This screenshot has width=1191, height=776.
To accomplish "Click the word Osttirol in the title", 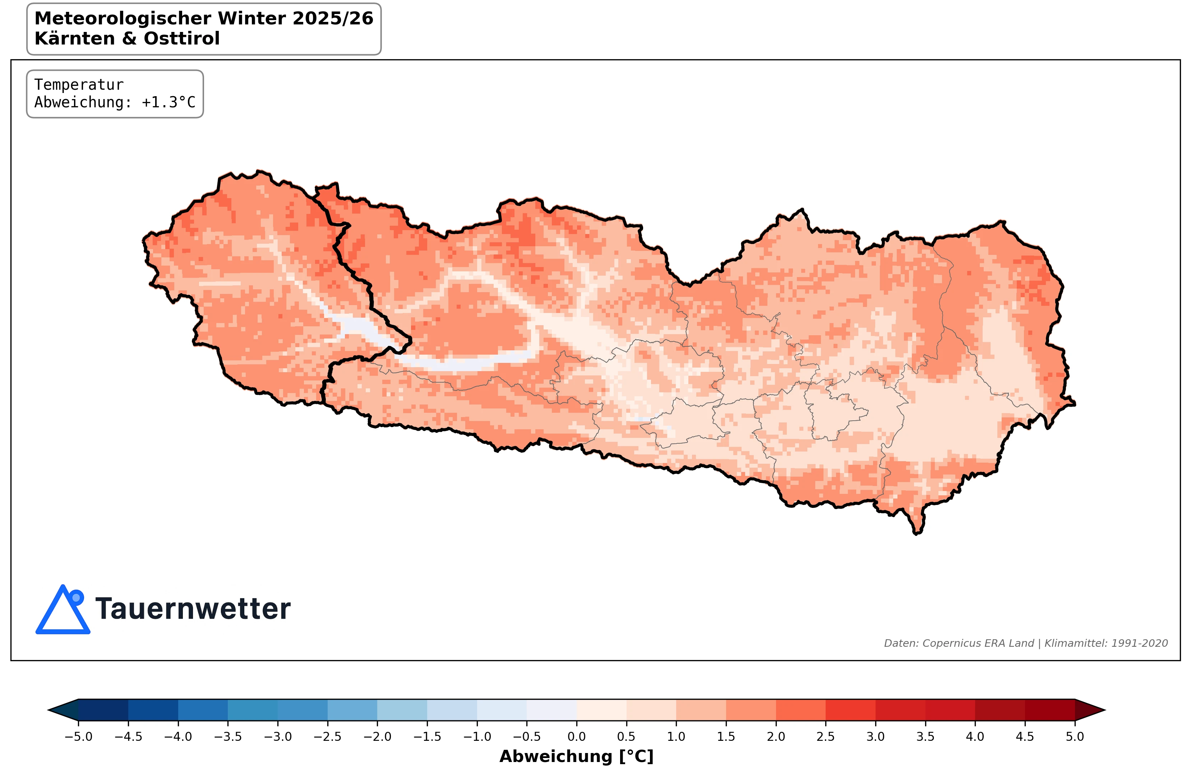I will pyautogui.click(x=182, y=38).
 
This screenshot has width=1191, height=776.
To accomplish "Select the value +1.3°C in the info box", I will pyautogui.click(x=168, y=103).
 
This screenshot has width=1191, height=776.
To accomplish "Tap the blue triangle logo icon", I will pyautogui.click(x=63, y=611).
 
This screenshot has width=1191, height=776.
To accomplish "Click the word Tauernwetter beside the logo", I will pyautogui.click(x=193, y=609).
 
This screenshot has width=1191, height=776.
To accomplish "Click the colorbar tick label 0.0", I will pyautogui.click(x=577, y=737).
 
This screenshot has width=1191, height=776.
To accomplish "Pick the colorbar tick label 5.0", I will pyautogui.click(x=1074, y=737).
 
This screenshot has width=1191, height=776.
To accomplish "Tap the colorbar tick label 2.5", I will pyautogui.click(x=825, y=737).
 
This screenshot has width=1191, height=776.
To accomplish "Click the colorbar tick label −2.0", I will pyautogui.click(x=377, y=737).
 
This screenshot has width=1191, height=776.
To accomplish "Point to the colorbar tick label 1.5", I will pyautogui.click(x=726, y=737).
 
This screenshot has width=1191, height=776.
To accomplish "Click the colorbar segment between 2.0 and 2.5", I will pyautogui.click(x=801, y=710).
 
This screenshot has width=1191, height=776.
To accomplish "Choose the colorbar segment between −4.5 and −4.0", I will pyautogui.click(x=153, y=710).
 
